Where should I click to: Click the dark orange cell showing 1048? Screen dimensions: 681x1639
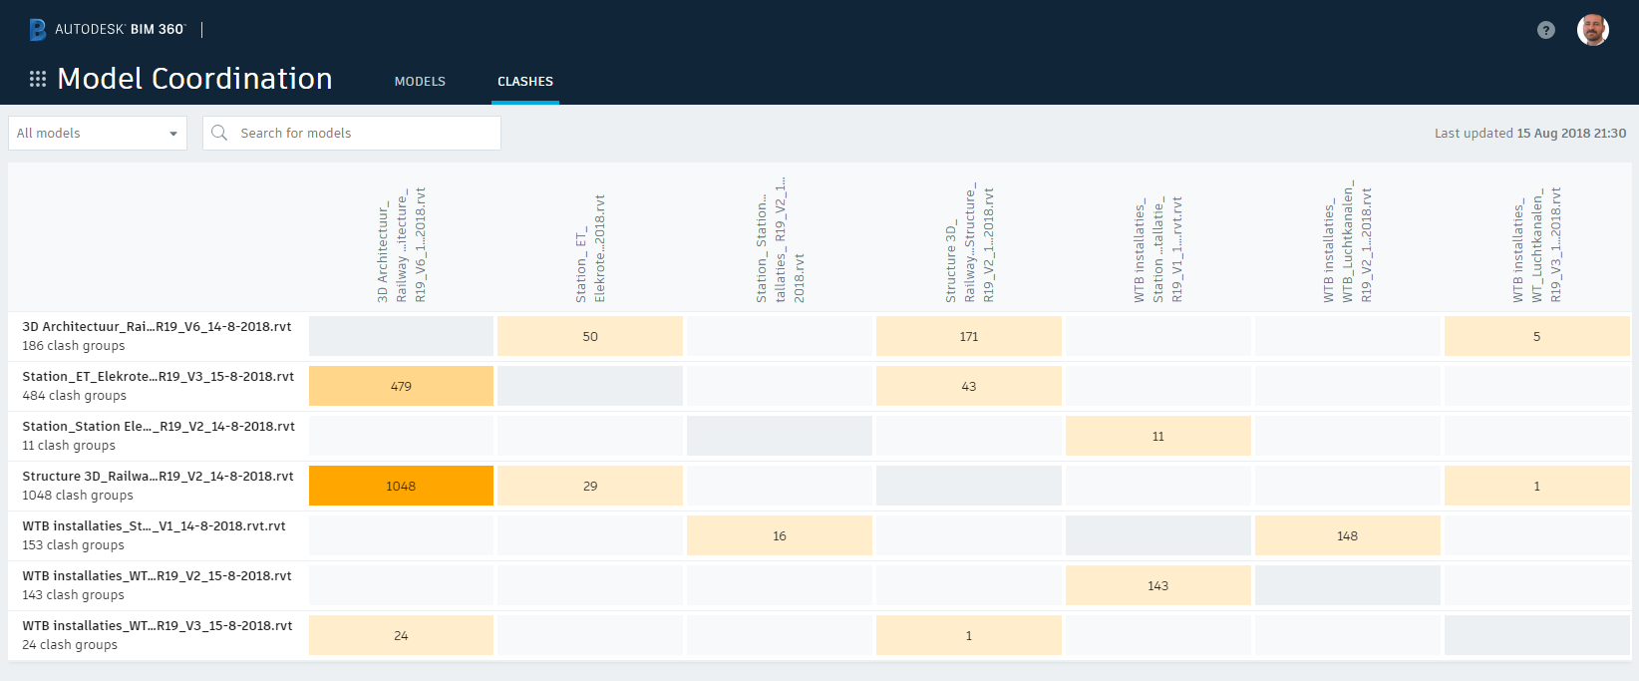401,486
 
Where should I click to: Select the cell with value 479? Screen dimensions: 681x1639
401,386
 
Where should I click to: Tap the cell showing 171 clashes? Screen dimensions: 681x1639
968,336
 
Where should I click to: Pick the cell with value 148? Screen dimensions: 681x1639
1347,535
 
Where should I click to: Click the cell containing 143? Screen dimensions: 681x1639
1157,585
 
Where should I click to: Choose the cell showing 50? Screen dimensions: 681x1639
590,336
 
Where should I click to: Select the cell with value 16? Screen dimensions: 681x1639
779,535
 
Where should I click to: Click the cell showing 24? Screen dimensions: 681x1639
401,635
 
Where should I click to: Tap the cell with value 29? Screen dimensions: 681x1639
590,486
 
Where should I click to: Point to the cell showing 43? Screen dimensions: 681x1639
968,386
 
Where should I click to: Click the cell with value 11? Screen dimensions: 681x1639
1157,436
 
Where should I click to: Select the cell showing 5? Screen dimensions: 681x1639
1536,336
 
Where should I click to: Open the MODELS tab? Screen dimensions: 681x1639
420,82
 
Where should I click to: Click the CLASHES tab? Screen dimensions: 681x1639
525,82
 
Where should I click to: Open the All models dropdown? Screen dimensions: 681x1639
98,133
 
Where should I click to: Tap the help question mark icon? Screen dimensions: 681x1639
1545,30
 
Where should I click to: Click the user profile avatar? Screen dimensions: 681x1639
1592,30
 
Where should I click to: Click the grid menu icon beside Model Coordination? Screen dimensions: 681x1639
38,79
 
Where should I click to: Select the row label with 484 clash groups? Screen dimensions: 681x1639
158,386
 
